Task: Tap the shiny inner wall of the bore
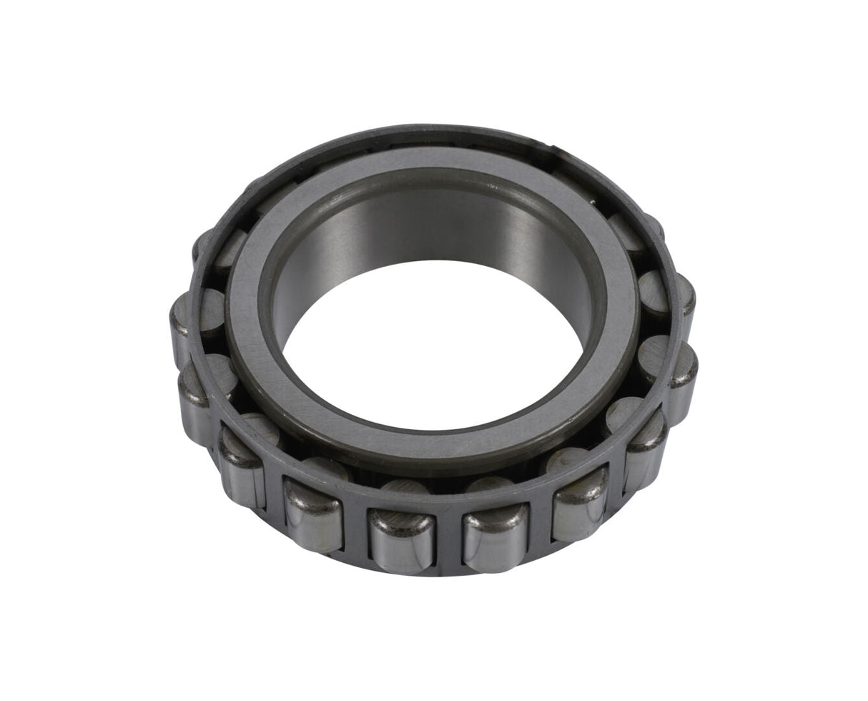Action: coord(429,229)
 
